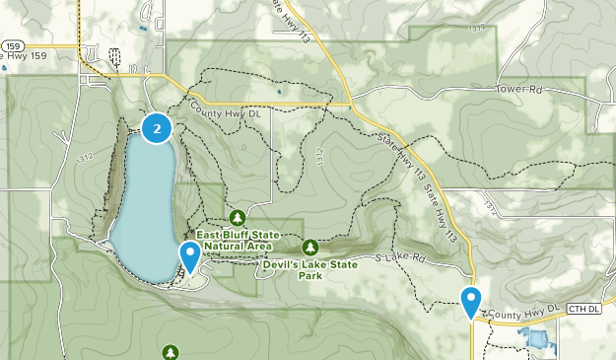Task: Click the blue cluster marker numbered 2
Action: pyautogui.click(x=157, y=128)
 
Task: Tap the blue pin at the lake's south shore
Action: pyautogui.click(x=189, y=255)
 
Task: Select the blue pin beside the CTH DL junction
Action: pyautogui.click(x=471, y=299)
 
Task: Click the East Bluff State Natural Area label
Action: pyautogui.click(x=237, y=240)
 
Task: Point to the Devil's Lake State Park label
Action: pyautogui.click(x=308, y=269)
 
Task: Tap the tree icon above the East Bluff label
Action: pyautogui.click(x=237, y=216)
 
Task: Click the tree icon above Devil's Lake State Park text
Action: pyautogui.click(x=309, y=247)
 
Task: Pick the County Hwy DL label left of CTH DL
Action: pyautogui.click(x=521, y=309)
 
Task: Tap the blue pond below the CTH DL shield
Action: pyautogui.click(x=538, y=339)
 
